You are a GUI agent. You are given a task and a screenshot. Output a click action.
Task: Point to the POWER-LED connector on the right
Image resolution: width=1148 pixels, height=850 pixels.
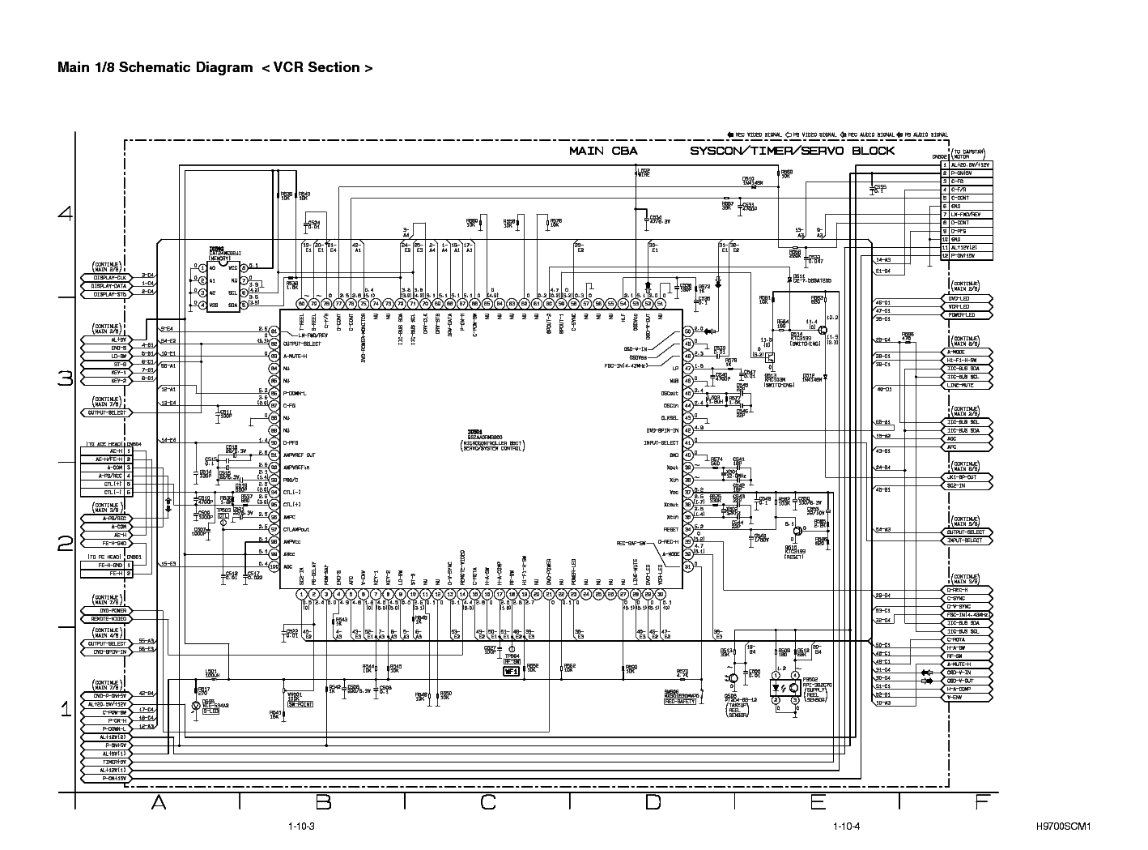pos(967,315)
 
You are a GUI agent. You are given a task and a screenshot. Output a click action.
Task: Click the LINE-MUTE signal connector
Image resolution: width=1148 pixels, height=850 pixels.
pos(967,386)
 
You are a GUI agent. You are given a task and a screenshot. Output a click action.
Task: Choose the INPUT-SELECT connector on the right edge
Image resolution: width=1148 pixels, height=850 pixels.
pos(967,540)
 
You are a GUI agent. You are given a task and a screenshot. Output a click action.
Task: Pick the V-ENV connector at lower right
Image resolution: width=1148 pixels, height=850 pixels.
pos(967,697)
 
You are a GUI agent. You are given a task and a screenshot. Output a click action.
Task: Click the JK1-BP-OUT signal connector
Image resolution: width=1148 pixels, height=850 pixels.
pos(967,476)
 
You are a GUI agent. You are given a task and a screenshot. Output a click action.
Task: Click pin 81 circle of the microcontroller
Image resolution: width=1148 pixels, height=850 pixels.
pos(274,331)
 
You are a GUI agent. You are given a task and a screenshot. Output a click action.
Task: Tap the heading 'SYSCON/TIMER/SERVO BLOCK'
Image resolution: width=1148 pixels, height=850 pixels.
pos(792,151)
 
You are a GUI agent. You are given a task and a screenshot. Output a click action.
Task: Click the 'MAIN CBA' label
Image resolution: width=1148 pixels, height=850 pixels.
pos(603,151)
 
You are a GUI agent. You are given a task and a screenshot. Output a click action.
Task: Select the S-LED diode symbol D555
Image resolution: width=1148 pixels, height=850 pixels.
pos(194,707)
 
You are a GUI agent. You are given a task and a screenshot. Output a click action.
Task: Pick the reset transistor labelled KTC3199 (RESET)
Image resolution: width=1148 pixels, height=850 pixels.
pos(797,531)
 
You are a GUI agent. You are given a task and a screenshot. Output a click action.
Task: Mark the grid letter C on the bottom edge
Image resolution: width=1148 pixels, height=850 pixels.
pos(488,802)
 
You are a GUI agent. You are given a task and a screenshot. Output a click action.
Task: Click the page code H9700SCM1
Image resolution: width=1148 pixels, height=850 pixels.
pos(1064,827)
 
